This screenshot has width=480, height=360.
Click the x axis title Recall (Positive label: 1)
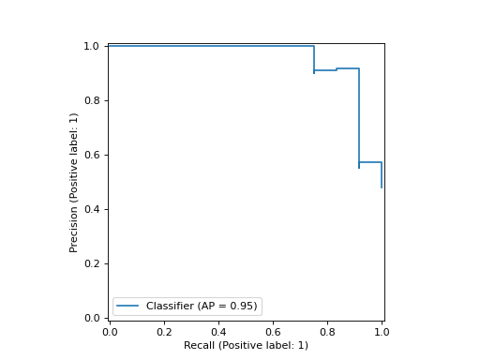[x=246, y=346]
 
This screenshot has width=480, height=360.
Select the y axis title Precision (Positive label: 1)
[x=74, y=182]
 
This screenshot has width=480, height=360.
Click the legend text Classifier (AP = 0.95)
[x=202, y=307]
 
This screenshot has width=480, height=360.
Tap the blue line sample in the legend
[x=128, y=307]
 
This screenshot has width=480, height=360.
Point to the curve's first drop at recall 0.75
[x=314, y=58]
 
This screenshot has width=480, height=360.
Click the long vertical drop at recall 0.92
[x=359, y=117]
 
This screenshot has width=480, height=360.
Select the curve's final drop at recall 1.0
[x=382, y=175]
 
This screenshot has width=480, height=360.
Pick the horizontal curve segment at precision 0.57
[x=370, y=162]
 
